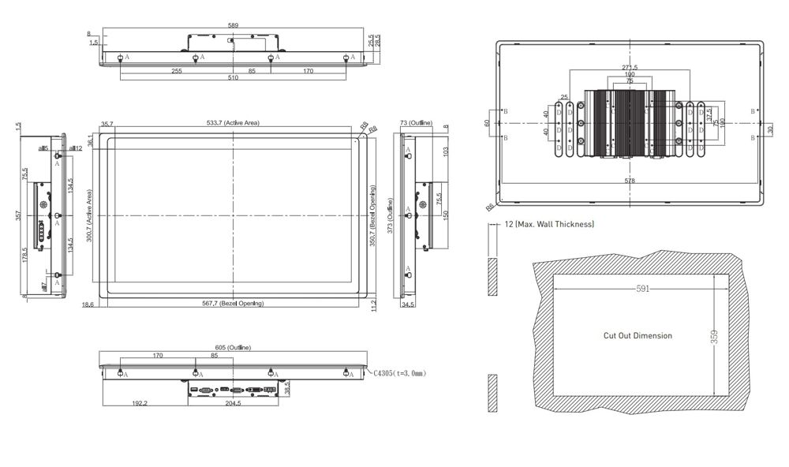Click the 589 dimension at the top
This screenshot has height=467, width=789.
233,25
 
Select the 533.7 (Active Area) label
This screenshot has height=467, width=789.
233,123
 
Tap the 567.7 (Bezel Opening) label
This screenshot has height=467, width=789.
233,304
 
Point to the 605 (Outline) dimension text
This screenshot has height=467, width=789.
233,346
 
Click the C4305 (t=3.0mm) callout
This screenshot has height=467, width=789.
399,373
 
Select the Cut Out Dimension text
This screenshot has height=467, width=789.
638,335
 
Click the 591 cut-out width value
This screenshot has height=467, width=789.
642,290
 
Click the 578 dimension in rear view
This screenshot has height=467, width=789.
630,181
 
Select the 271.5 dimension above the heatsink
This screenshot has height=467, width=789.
630,68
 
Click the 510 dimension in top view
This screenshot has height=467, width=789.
234,79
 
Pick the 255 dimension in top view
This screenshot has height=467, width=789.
176,71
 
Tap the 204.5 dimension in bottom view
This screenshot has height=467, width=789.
233,403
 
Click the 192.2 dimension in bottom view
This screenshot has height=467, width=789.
140,403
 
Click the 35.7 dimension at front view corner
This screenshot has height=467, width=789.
107,124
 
